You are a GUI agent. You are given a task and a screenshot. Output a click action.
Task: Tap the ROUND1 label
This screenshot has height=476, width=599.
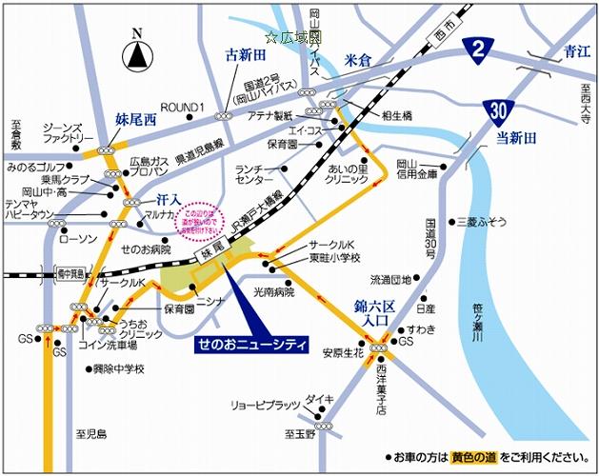183,106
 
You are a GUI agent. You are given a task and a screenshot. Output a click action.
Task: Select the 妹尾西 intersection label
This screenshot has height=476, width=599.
133,121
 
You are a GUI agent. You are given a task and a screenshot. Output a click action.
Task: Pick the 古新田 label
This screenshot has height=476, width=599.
244,55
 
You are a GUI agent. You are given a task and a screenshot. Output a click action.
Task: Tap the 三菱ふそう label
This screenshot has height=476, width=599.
485,221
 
